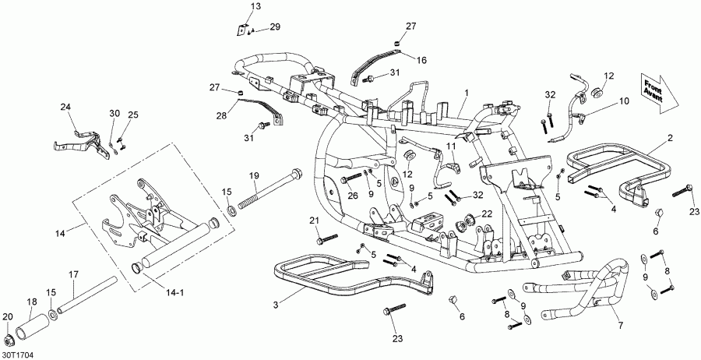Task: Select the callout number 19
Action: pos(253,176)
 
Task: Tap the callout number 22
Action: pos(486,214)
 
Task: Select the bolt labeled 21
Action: pos(325,235)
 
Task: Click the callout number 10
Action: pos(623,101)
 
